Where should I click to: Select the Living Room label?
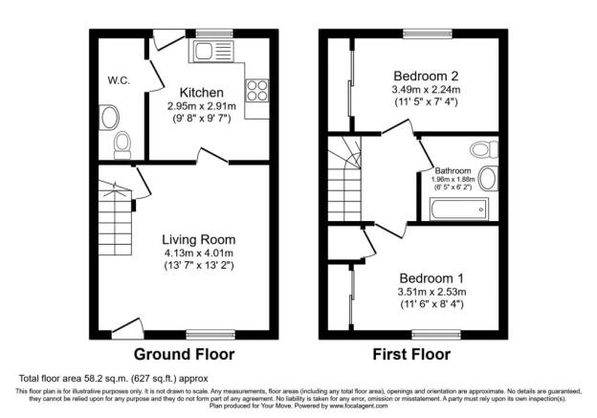[x=198, y=239]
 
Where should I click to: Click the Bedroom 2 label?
[x=427, y=77]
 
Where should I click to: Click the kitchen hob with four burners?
[x=258, y=91]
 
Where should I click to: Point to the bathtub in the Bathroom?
[x=459, y=208]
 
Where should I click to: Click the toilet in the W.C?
[x=122, y=144]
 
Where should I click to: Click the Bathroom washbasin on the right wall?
[x=489, y=178]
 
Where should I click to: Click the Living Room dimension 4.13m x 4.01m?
[x=198, y=253]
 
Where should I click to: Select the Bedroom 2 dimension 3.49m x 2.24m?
[x=427, y=92]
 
